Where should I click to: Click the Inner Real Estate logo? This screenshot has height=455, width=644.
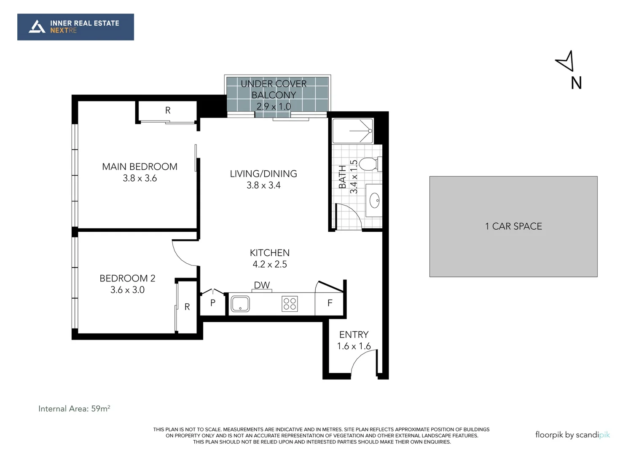click(x=75, y=27)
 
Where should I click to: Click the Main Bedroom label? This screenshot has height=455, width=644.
click(x=140, y=167)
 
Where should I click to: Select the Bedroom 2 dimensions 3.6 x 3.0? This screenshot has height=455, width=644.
click(x=127, y=290)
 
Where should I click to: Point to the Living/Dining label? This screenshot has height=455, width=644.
click(x=263, y=174)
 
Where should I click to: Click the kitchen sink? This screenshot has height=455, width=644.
click(x=240, y=304)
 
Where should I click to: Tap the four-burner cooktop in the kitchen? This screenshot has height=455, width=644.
click(x=290, y=304)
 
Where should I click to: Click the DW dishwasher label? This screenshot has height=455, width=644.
click(x=262, y=285)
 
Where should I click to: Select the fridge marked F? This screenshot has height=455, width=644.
click(x=330, y=303)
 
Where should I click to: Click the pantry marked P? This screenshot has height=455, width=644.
click(x=213, y=303)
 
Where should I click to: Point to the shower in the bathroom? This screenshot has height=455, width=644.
click(x=353, y=131)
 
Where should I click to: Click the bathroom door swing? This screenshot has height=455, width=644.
click(x=349, y=217)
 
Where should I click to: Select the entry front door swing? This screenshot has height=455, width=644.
click(x=362, y=362)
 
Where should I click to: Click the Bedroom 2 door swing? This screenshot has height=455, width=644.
click(x=185, y=253)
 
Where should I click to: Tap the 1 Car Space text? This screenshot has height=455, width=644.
click(x=513, y=226)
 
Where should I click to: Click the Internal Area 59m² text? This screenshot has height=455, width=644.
click(x=74, y=409)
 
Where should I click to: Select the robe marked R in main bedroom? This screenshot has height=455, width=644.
click(x=168, y=110)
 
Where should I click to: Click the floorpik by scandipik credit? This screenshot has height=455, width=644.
click(x=572, y=435)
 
